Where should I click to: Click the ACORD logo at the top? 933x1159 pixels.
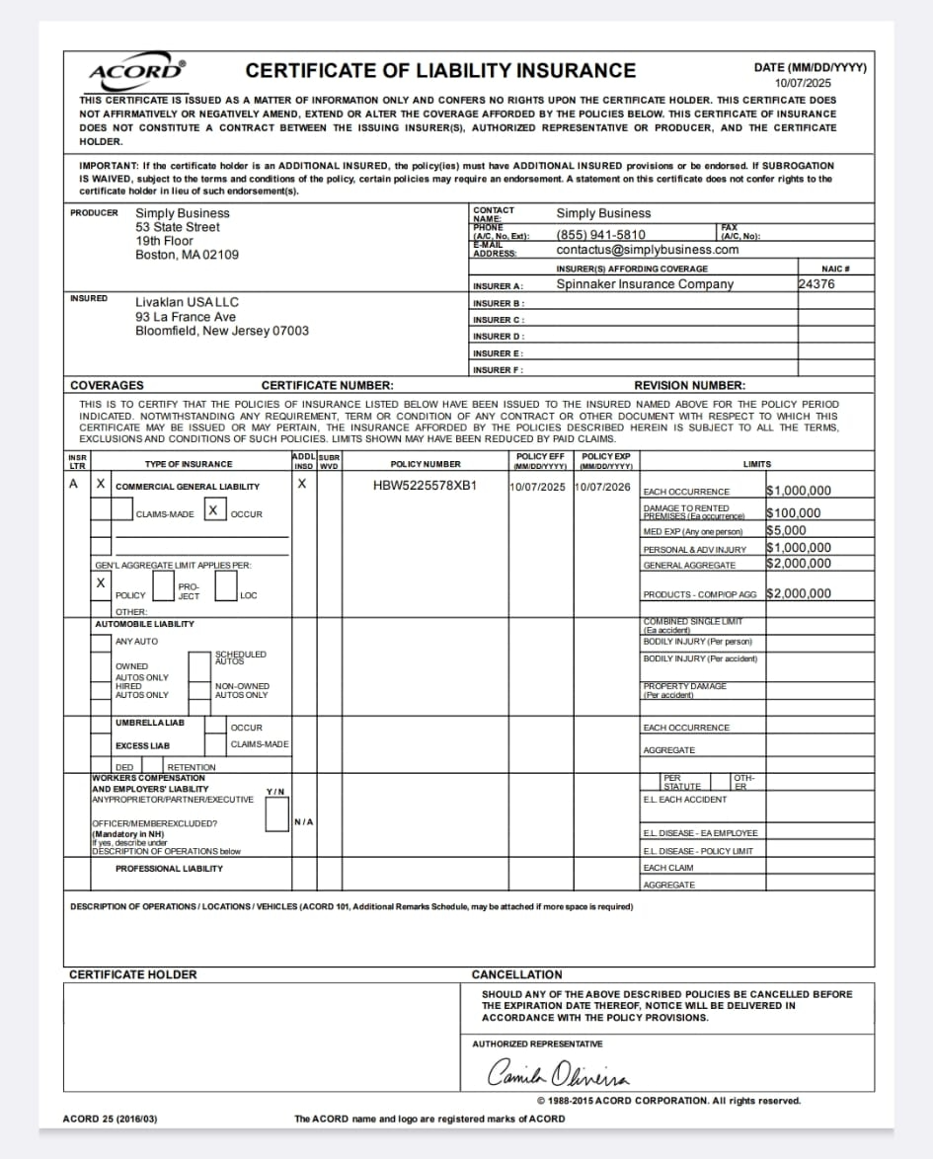(137, 71)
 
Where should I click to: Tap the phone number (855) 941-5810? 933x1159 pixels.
(601, 235)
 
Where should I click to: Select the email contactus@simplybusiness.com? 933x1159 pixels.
(648, 250)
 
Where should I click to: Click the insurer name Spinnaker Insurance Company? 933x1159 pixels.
(645, 284)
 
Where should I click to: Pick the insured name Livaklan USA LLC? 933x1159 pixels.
(187, 302)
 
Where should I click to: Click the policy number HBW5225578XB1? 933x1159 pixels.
(425, 486)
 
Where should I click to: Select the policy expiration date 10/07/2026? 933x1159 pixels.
(603, 487)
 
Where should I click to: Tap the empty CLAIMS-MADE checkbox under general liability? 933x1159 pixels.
(121, 509)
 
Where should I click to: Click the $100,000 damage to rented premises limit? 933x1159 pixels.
(794, 513)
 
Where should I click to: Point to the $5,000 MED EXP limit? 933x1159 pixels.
(786, 530)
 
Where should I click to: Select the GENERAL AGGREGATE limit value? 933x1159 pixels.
(799, 564)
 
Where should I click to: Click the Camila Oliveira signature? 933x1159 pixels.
(559, 1073)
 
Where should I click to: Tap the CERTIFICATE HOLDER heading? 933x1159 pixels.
(133, 974)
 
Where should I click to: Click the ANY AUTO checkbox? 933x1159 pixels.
(101, 643)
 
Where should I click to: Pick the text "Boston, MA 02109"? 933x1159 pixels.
(187, 255)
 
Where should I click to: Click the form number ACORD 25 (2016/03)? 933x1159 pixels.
(110, 1119)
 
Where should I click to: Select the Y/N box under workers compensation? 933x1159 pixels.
(276, 813)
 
